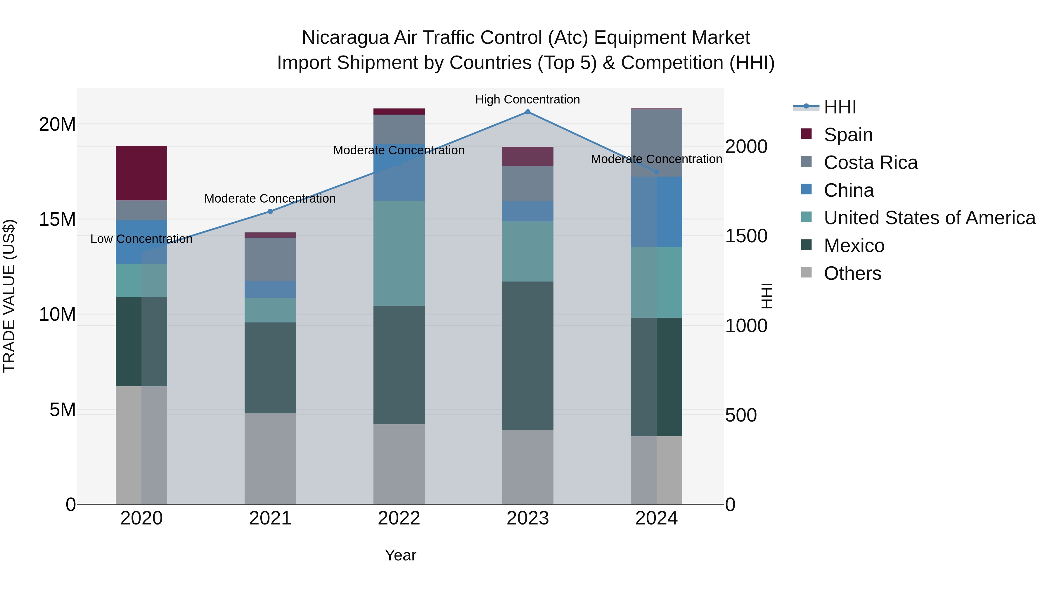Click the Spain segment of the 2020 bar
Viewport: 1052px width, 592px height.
point(141,173)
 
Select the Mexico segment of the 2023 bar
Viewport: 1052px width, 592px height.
point(527,355)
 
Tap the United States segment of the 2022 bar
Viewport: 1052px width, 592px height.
point(399,253)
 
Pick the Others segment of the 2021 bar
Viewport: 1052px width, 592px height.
point(270,458)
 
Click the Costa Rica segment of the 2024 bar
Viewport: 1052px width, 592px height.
point(656,143)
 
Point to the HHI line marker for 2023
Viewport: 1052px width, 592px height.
point(527,112)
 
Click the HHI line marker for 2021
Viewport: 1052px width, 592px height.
point(270,211)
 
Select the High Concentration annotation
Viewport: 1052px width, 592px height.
point(527,99)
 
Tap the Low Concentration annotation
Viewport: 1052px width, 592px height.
point(141,239)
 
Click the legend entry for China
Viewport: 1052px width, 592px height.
point(849,190)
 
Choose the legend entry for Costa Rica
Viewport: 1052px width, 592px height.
point(870,163)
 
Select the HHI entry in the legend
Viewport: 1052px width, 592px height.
point(840,107)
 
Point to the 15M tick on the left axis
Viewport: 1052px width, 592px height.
point(57,219)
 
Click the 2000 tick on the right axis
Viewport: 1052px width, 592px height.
point(746,147)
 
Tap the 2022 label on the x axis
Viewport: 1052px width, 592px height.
point(399,518)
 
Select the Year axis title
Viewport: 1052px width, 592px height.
point(400,555)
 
